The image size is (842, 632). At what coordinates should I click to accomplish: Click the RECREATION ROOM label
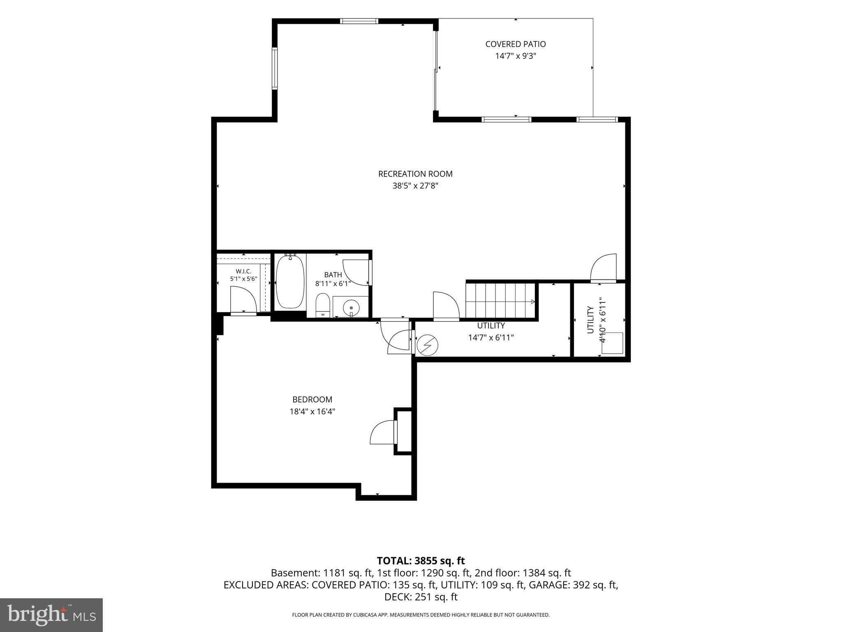pyautogui.click(x=415, y=174)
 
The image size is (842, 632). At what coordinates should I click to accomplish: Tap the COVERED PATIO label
pyautogui.click(x=516, y=44)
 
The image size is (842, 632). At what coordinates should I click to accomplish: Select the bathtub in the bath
pyautogui.click(x=290, y=282)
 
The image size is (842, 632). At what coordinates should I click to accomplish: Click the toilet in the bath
pyautogui.click(x=323, y=305)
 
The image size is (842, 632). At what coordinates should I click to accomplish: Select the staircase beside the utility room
pyautogui.click(x=500, y=300)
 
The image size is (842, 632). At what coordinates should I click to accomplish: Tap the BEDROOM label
pyautogui.click(x=312, y=400)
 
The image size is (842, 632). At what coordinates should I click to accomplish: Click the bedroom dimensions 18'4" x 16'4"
pyautogui.click(x=312, y=411)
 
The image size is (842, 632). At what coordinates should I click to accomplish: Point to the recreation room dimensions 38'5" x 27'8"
pyautogui.click(x=415, y=186)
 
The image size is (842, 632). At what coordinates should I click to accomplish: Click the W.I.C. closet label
pyautogui.click(x=243, y=271)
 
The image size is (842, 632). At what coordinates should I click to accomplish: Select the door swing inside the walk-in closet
pyautogui.click(x=243, y=300)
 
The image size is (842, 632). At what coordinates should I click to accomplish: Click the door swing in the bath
pyautogui.click(x=356, y=273)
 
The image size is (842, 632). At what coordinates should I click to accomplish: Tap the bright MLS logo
pyautogui.click(x=51, y=615)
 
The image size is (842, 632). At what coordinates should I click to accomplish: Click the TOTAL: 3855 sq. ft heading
pyautogui.click(x=421, y=561)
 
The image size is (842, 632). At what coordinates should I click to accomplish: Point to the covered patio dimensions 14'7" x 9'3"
pyautogui.click(x=516, y=56)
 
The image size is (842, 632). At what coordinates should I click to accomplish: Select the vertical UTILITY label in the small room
pyautogui.click(x=590, y=320)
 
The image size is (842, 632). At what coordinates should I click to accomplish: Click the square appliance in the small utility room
pyautogui.click(x=612, y=343)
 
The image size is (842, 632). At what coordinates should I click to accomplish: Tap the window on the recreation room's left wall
pyautogui.click(x=275, y=68)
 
